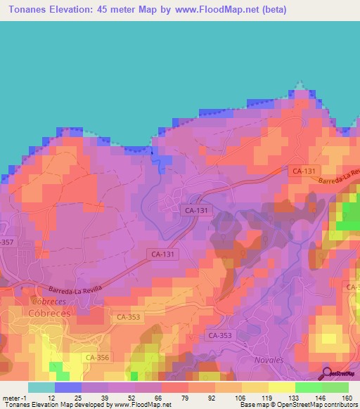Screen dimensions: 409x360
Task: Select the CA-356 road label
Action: (x=97, y=358)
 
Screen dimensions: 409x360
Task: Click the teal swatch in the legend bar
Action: (x=41, y=387)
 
